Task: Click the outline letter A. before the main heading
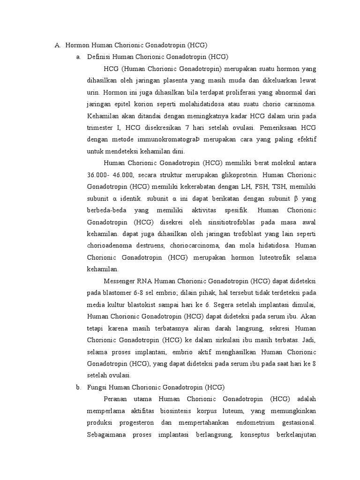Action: (58, 45)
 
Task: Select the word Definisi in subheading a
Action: (98, 57)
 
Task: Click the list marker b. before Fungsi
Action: (78, 387)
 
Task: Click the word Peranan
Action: (116, 399)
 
